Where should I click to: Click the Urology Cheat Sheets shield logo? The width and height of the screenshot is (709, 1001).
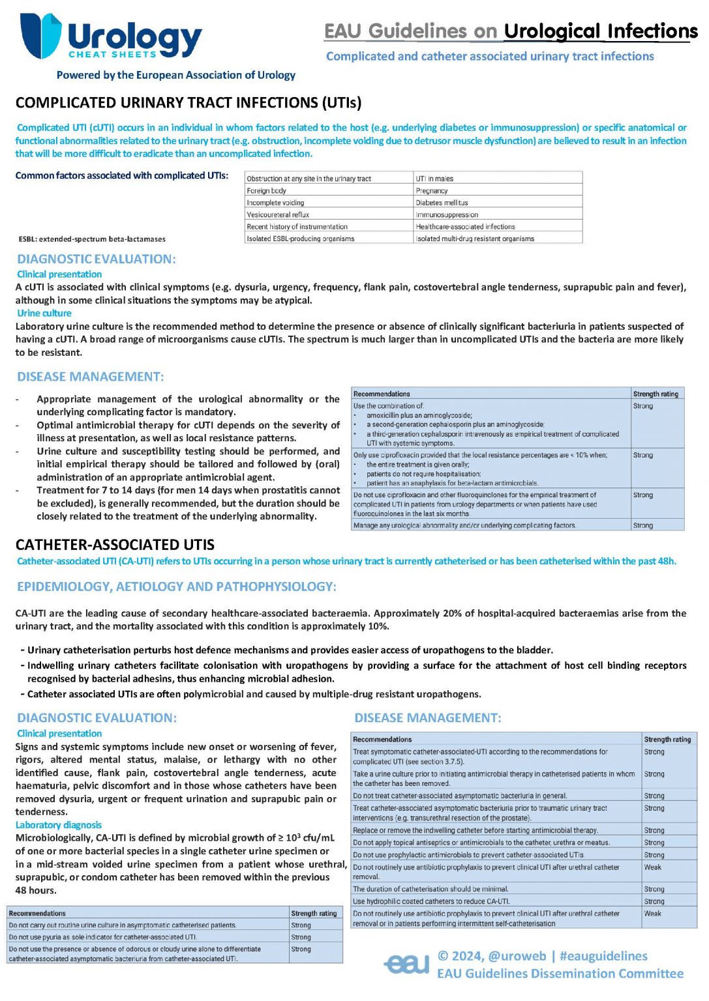40,36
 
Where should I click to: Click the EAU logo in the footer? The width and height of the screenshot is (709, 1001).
407,964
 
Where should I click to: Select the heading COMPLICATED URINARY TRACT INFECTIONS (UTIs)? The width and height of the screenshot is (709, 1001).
188,103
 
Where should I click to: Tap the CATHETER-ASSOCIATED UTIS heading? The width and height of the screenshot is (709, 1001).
115,545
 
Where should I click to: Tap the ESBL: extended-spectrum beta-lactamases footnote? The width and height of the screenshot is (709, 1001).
92,239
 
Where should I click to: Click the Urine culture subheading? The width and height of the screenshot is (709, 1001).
44,313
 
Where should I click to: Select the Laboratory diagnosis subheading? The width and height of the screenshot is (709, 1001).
59,825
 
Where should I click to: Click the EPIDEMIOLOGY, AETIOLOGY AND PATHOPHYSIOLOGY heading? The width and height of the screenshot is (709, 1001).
177,587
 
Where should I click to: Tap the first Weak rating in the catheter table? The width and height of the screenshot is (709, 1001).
653,867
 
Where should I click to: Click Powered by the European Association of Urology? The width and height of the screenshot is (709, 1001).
175,75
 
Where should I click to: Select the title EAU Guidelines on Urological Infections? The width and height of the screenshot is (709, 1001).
511,31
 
